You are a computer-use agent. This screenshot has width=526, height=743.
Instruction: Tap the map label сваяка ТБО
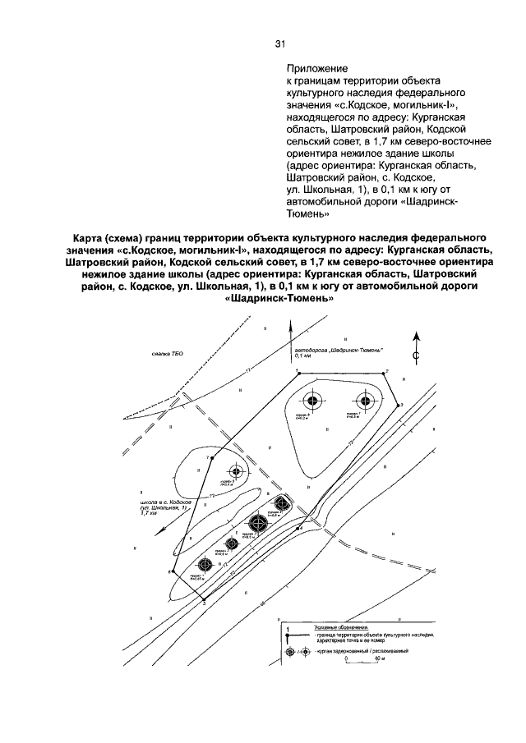click(x=168, y=354)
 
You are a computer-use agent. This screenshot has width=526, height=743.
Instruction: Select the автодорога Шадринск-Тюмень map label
click(x=339, y=351)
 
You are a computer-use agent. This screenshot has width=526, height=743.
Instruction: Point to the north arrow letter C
click(x=417, y=355)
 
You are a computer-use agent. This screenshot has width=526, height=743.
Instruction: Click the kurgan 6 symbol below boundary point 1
click(x=311, y=401)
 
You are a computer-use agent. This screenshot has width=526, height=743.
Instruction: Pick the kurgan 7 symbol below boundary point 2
click(x=366, y=401)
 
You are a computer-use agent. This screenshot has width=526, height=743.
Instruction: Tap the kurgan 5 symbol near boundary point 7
click(x=237, y=471)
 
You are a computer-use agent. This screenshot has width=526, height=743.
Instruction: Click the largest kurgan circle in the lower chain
click(x=258, y=522)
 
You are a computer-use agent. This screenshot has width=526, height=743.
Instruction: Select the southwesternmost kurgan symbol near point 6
click(x=204, y=564)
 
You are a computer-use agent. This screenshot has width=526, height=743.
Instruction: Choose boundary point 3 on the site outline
click(x=399, y=404)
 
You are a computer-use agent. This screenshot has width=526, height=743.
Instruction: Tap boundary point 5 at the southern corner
click(x=205, y=598)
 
